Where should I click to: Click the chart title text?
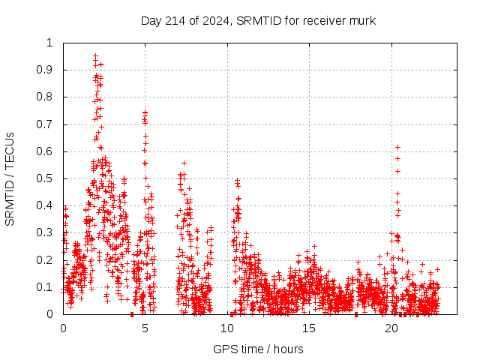pos(258,20)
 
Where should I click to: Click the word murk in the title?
pos(361,20)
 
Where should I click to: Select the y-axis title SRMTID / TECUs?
pos(10,178)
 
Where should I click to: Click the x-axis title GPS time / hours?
pos(258,349)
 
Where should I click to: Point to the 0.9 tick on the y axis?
pos(46,70)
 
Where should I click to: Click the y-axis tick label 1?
pos(50,43)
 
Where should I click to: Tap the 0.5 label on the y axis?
pos(46,178)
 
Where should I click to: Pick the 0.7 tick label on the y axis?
pos(46,124)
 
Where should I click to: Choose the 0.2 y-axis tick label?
pos(46,260)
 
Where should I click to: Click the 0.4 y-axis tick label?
pos(46,205)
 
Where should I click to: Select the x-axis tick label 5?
pos(145,328)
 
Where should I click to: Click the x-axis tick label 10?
pos(227,328)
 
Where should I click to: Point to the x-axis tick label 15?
pos(310,328)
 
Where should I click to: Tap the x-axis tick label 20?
pos(391,328)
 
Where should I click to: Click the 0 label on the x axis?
pos(63,328)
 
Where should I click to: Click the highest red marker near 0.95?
pos(95,56)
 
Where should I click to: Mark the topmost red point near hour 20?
pos(397,147)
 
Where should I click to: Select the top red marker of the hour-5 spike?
pos(145,112)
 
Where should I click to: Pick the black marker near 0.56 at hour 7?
pos(184,163)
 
